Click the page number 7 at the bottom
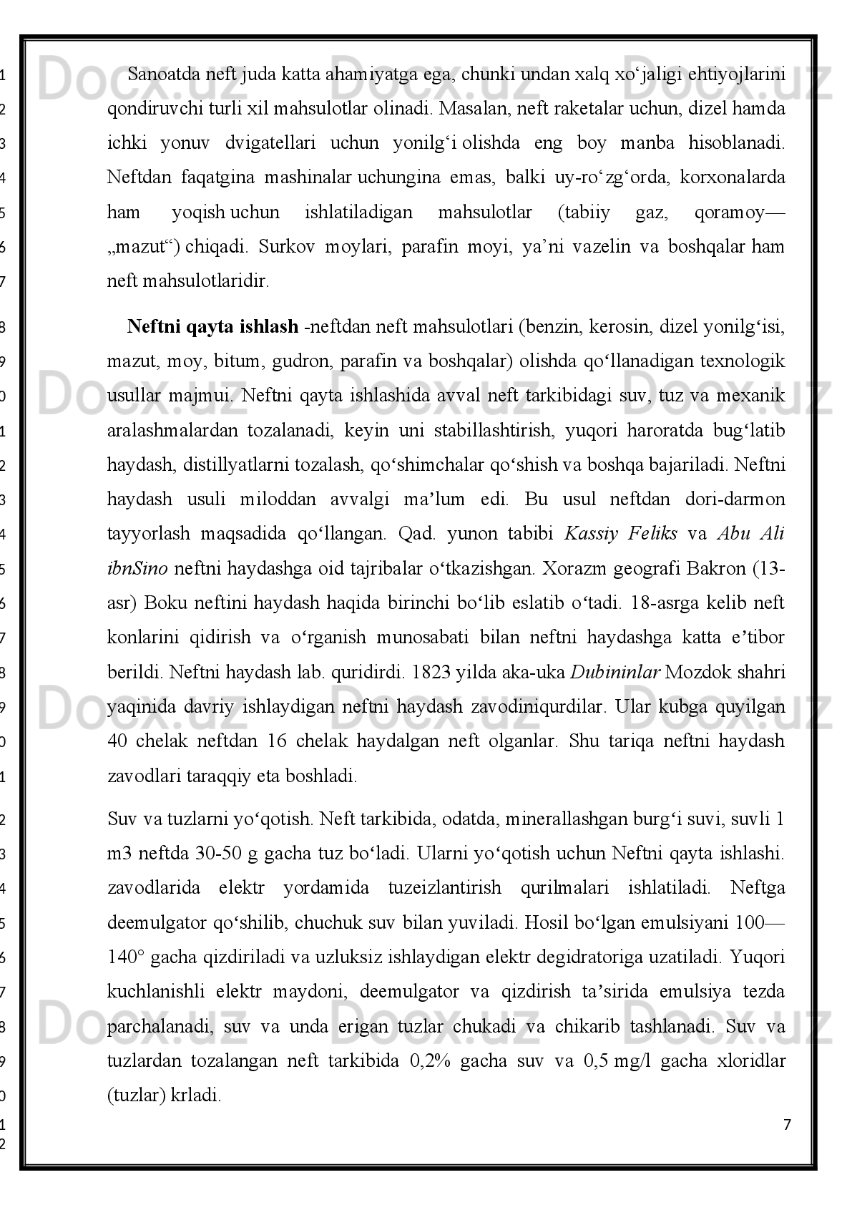[788, 1124]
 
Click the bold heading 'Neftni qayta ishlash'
[212, 327]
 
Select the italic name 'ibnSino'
[137, 569]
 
